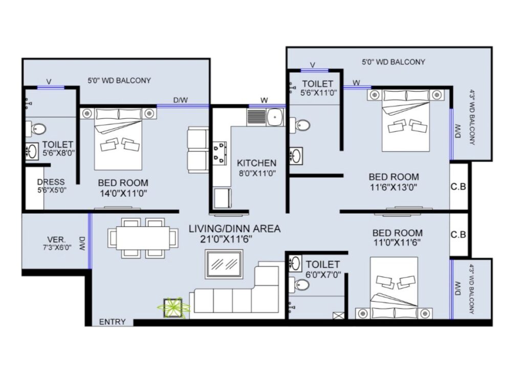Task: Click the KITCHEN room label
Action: (256, 163)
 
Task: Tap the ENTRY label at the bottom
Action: (112, 322)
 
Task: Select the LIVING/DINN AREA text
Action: (234, 229)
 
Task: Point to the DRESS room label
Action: (51, 182)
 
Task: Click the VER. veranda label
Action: (56, 240)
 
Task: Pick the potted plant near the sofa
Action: (173, 307)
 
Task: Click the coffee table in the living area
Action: (224, 264)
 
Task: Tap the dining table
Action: (143, 238)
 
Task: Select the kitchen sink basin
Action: (275, 117)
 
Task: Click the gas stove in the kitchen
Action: (220, 153)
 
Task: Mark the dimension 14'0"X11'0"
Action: (124, 193)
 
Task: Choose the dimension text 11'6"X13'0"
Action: (394, 187)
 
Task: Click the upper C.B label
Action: (458, 187)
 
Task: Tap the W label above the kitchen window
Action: (265, 100)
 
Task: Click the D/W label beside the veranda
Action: (82, 243)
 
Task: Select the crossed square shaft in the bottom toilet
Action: (338, 316)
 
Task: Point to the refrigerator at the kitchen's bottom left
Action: (223, 198)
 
